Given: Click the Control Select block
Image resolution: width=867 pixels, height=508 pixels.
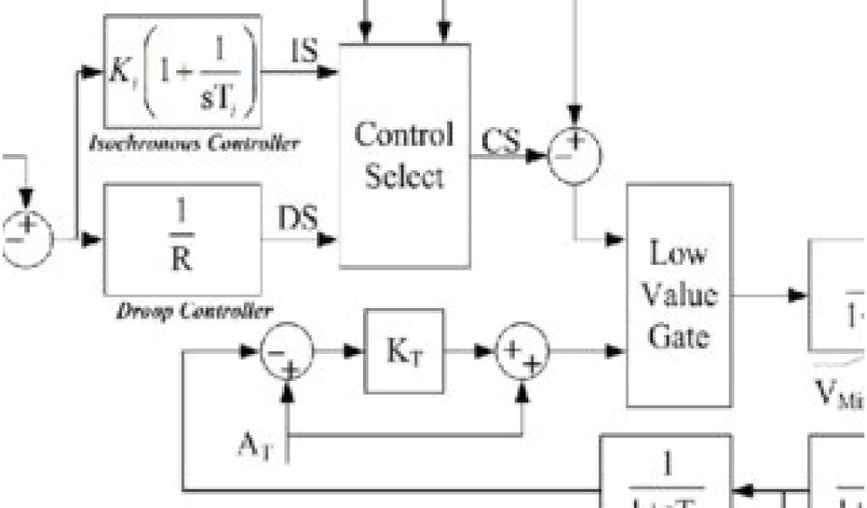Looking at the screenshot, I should coord(405,155).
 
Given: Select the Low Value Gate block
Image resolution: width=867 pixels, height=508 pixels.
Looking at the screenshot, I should coord(679,295).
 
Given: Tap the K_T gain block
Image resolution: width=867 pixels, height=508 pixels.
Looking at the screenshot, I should coord(404,351).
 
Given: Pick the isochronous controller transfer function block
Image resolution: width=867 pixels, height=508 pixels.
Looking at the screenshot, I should coord(182,71).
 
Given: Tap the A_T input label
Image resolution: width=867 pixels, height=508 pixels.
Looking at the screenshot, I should coord(255,445).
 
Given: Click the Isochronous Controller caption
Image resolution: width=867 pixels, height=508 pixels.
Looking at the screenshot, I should coord(194,143).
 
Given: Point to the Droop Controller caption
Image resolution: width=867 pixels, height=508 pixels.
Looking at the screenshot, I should coord(194,311).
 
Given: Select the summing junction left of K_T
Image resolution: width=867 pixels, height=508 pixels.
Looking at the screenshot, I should coord(286,351).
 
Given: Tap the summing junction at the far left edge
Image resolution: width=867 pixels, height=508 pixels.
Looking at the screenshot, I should coord(25,240).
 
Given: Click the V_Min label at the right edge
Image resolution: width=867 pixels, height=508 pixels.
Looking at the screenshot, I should coord(838,395).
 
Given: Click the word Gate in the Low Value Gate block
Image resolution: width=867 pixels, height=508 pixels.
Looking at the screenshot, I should coord(678,336).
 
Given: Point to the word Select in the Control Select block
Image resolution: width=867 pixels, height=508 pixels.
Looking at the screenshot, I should coord(405,177).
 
